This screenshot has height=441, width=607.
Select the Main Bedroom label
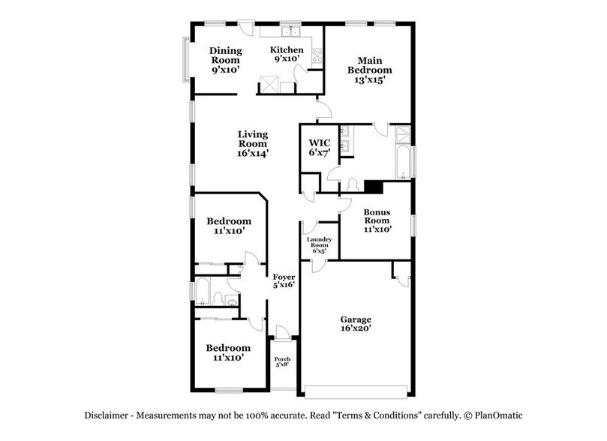tap(366, 70)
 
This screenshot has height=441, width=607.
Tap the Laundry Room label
tap(319, 245)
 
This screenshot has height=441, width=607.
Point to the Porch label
tap(282, 361)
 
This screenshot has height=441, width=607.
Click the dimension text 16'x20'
tap(356, 328)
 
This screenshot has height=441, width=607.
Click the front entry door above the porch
tap(281, 333)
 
